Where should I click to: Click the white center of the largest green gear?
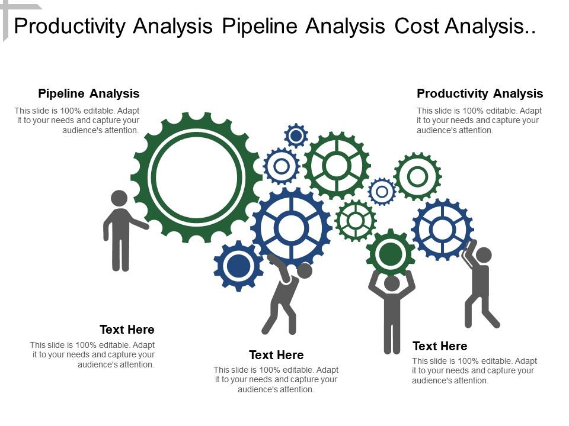(x=197, y=176)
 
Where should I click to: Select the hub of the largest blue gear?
(x=291, y=228)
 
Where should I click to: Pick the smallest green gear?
(x=356, y=221)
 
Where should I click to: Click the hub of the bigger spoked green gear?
(x=337, y=166)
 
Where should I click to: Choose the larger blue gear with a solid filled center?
(x=238, y=266)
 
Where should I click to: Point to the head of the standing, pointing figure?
(x=119, y=198)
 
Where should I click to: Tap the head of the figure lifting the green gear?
(x=392, y=283)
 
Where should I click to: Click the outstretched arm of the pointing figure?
(x=139, y=223)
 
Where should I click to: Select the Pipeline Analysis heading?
(x=89, y=93)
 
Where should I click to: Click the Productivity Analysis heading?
(x=480, y=93)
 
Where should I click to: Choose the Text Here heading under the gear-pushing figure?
(x=276, y=355)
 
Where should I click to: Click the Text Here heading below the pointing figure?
(x=127, y=330)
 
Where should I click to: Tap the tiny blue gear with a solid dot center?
(x=296, y=136)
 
